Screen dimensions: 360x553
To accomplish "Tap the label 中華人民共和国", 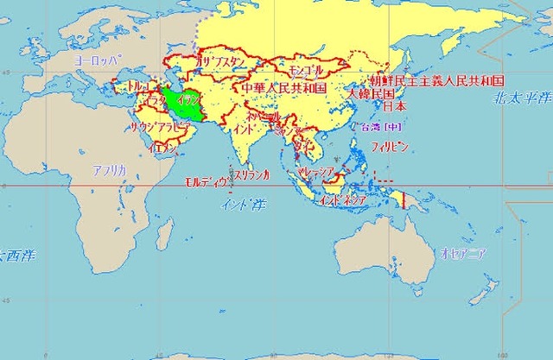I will (283, 88).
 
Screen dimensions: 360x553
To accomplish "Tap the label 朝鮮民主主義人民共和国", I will (436, 80).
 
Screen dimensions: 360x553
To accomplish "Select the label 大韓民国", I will (371, 92).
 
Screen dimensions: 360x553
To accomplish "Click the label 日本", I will (393, 107).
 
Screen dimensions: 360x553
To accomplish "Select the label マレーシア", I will (316, 173).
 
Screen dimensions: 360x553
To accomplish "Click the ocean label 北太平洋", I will (519, 102).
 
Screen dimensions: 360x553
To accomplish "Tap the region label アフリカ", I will (110, 171).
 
